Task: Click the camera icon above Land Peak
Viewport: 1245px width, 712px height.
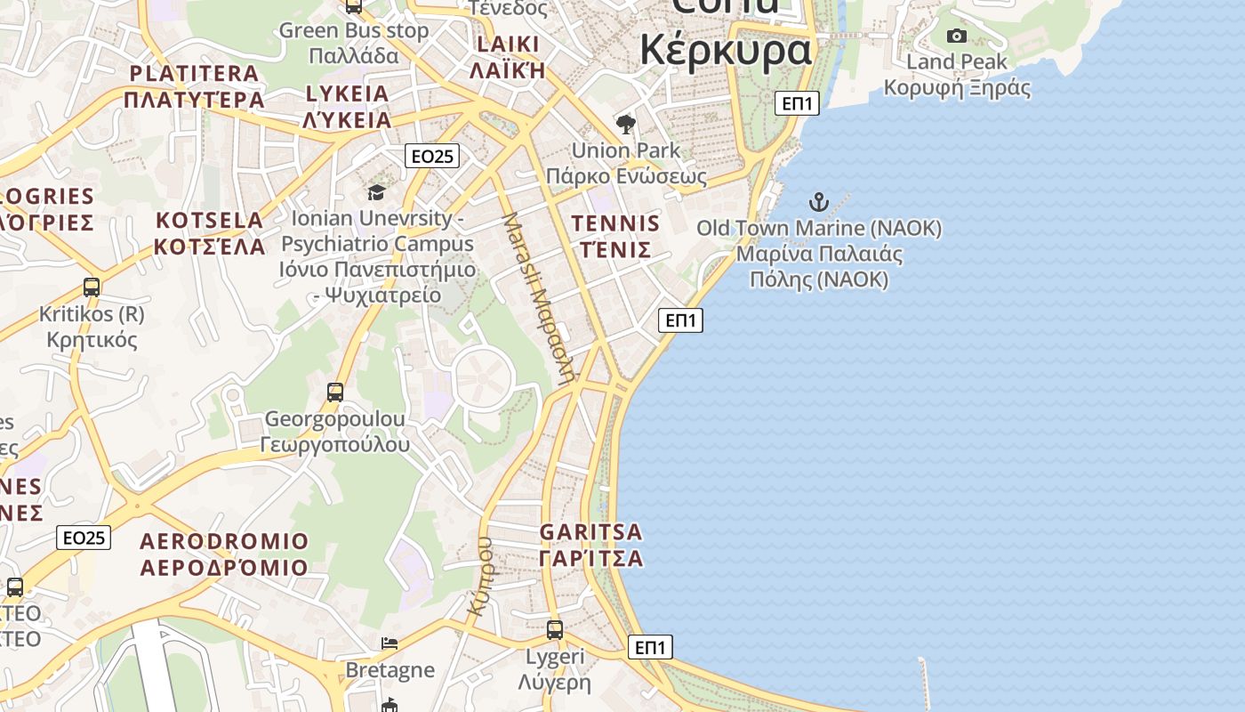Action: (957, 36)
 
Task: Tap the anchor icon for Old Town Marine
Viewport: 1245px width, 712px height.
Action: (818, 202)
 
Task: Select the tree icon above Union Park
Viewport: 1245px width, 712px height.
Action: (626, 124)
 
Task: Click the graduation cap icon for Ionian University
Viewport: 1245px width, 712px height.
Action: (376, 192)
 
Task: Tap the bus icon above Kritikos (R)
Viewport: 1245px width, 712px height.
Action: (92, 287)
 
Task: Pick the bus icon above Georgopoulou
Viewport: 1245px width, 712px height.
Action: (335, 392)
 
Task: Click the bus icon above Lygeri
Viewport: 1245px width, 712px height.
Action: (555, 630)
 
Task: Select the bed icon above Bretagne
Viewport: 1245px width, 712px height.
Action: (390, 643)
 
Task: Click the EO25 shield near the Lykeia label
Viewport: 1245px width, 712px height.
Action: (431, 157)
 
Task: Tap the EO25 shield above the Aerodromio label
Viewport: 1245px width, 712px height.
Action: (84, 538)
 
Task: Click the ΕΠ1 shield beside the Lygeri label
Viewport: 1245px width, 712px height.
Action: (650, 647)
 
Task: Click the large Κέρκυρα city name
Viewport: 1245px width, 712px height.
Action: (726, 49)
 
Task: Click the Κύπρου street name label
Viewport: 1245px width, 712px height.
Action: (481, 577)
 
